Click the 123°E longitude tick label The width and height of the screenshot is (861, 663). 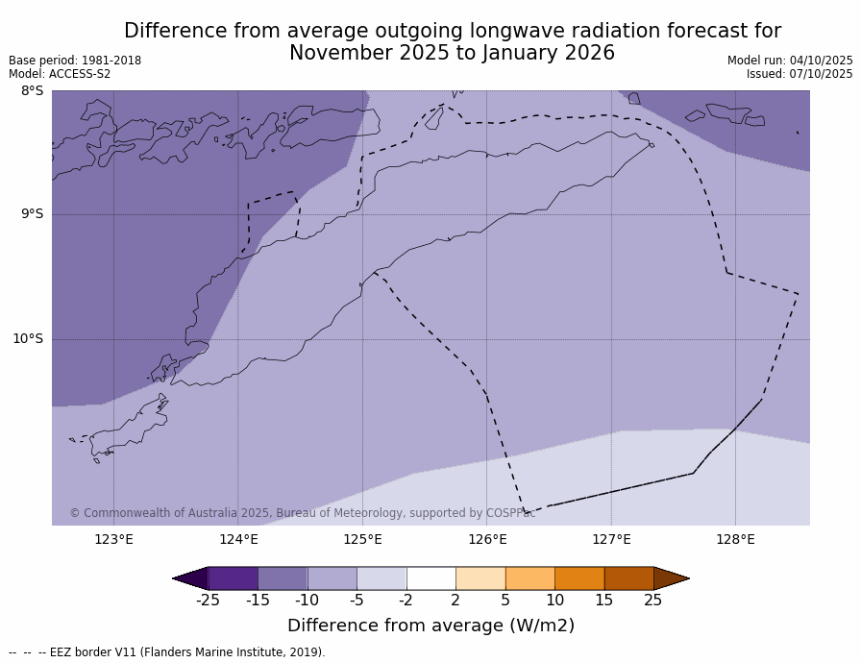coord(113,539)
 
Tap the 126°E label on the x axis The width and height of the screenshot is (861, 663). coord(487,539)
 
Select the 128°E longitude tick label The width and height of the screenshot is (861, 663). coord(735,539)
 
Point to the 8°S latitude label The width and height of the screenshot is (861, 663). coord(32,91)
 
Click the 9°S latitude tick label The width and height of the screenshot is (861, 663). coord(32,214)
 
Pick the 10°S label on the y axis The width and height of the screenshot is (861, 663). coord(28,338)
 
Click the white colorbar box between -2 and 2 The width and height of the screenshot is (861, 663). coord(430,578)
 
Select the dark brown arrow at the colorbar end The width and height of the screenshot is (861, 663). coord(671,578)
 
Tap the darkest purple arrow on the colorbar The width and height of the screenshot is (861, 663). coord(190,578)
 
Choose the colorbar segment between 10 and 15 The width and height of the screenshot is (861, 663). coord(579,578)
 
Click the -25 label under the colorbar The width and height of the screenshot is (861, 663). coord(208,601)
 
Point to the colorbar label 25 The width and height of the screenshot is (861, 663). coord(653,601)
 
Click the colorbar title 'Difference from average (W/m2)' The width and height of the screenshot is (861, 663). coord(430,626)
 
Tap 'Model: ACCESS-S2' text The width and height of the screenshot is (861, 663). coord(60,74)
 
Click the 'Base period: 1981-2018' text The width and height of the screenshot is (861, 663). coord(75,61)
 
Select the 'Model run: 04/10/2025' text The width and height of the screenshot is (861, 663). coord(790,61)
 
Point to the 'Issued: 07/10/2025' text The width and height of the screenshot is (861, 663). coord(799,74)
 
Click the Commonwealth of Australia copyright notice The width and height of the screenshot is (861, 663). coord(302,513)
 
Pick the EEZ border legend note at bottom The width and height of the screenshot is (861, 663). coord(167,652)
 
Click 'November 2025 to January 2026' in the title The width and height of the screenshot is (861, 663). coord(452,54)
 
